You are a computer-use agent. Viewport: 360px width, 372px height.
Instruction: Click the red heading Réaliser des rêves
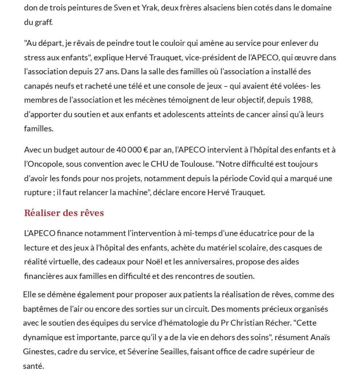64,213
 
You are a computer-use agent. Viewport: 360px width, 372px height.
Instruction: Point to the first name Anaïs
321,337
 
